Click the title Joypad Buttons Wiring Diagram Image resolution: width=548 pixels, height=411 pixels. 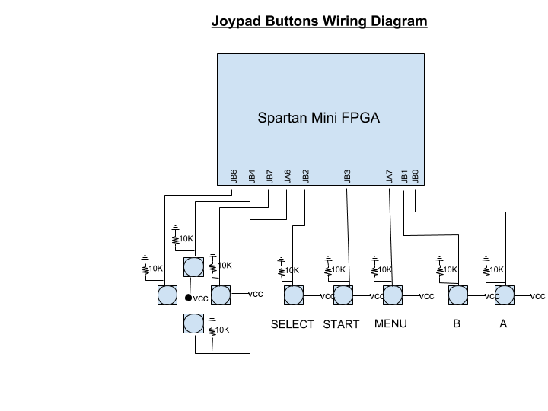tap(319, 21)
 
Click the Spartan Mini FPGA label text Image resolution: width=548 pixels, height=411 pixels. tap(318, 119)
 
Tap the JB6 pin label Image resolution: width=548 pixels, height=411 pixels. tap(234, 177)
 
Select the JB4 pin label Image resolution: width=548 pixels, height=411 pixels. tap(252, 177)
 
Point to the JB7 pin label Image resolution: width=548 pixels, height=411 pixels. tap(270, 177)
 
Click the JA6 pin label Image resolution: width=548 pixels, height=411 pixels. tap(288, 177)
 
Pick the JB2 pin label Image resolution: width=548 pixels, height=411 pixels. tap(306, 177)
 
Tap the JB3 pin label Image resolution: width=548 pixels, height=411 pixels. tap(348, 177)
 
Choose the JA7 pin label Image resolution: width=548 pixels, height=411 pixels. tap(390, 177)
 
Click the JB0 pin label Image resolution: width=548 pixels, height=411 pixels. tap(416, 177)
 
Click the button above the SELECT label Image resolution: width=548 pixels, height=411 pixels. tap(293, 295)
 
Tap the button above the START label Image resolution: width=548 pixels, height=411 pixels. tap(343, 295)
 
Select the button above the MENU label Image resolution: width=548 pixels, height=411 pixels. tap(392, 295)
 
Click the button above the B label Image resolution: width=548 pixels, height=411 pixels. tap(457, 295)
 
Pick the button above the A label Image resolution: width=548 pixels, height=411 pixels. tap(504, 295)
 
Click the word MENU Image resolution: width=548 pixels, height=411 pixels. tap(390, 323)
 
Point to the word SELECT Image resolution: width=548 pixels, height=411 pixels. tap(292, 324)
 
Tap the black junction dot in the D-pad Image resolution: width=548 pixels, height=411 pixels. tap(188, 297)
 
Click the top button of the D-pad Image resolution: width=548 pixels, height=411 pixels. tap(193, 267)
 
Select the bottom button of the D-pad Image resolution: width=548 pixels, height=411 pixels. tap(193, 323)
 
